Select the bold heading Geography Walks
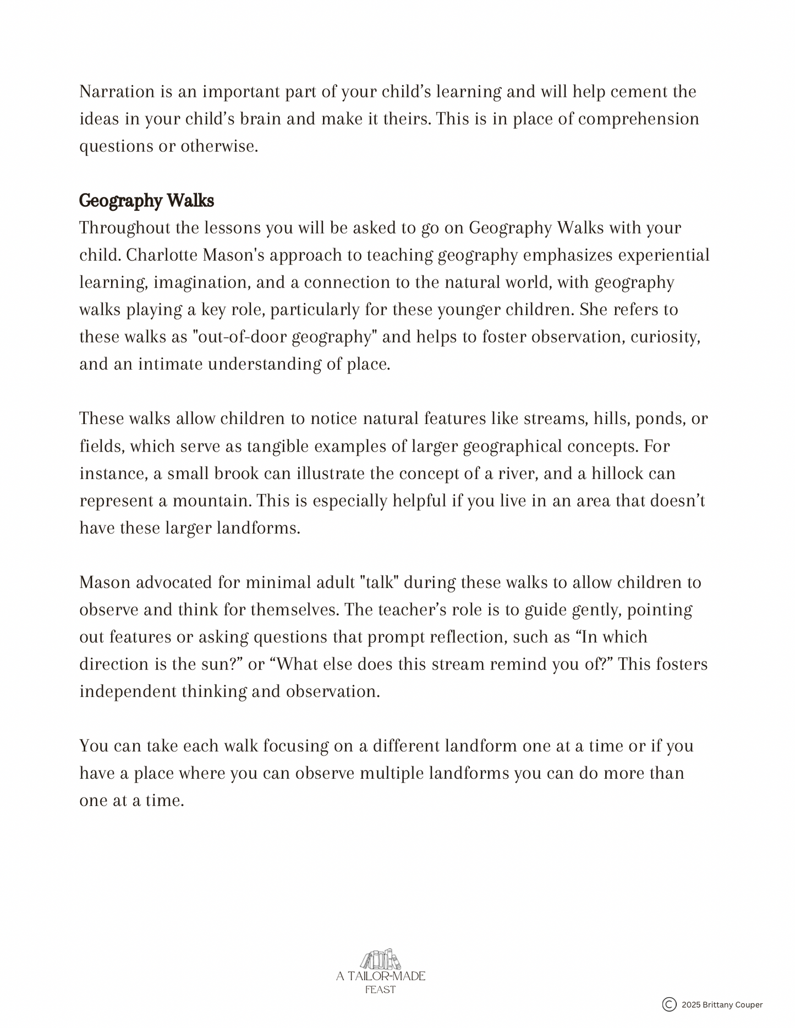[146, 201]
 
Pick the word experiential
[664, 255]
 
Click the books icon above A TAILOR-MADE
[380, 960]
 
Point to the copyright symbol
[669, 1004]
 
